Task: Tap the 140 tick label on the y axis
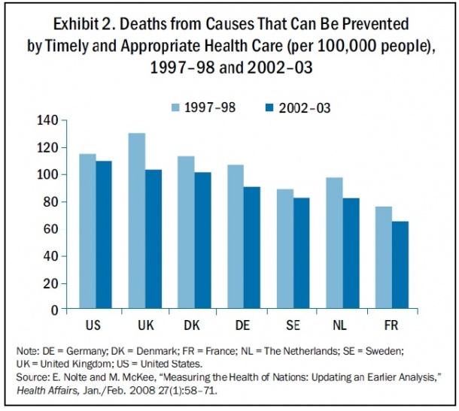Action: (x=47, y=120)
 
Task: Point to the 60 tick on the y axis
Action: (x=51, y=228)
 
